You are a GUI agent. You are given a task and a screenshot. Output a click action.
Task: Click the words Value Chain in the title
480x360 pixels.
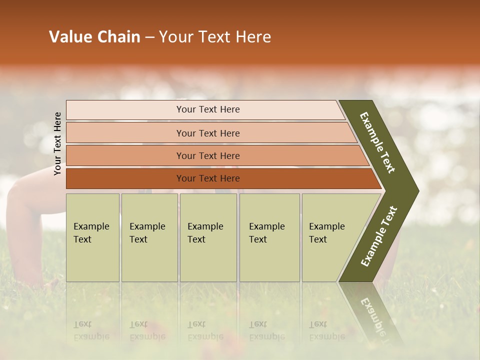(94, 37)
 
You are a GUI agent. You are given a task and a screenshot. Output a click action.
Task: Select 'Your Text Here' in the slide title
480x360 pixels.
(215, 37)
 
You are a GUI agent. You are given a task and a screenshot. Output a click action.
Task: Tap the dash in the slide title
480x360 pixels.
(149, 37)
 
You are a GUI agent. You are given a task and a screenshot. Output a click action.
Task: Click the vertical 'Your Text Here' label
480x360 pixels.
(57, 143)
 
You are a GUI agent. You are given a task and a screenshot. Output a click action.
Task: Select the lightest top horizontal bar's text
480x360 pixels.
(208, 109)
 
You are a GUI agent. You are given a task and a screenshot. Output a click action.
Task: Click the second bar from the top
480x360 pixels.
(208, 133)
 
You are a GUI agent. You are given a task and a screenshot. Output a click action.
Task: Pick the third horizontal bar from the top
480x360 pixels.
(208, 155)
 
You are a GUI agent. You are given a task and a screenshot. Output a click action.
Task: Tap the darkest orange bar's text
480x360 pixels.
(208, 178)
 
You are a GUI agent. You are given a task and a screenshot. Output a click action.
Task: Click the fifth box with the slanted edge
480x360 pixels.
(327, 233)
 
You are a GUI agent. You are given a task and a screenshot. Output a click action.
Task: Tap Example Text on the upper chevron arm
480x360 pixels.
(377, 142)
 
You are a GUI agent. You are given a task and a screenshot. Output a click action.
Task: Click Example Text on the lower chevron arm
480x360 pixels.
(379, 236)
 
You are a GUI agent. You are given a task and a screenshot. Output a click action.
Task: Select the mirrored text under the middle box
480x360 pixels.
(205, 330)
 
